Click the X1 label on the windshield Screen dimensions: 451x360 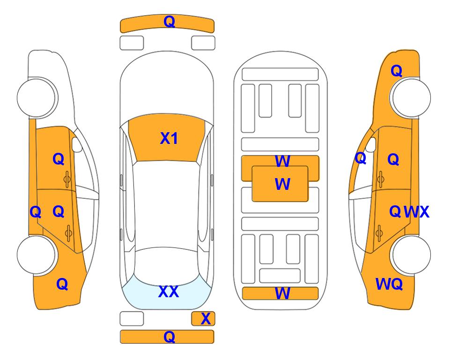pyautogui.click(x=169, y=138)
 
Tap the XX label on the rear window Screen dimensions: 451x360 pyautogui.click(x=169, y=292)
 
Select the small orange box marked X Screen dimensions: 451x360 pyautogui.click(x=203, y=319)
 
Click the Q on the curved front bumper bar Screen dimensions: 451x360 pyautogui.click(x=169, y=22)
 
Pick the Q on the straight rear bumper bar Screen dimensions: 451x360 pyautogui.click(x=169, y=337)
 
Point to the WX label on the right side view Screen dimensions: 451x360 pyautogui.click(x=416, y=212)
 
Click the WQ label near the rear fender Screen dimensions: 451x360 pyautogui.click(x=389, y=284)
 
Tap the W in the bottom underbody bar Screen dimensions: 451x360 pyautogui.click(x=282, y=293)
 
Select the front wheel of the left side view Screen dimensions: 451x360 pyautogui.click(x=37, y=98)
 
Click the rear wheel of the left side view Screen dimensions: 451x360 pyautogui.click(x=37, y=255)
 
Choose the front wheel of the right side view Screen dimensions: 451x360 pyautogui.click(x=410, y=98)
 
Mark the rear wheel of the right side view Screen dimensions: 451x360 pyautogui.click(x=410, y=255)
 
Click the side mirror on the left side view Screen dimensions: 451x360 pyautogui.click(x=77, y=144)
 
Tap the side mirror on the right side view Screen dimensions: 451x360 pyautogui.click(x=371, y=144)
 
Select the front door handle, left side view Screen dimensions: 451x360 pyautogui.click(x=67, y=180)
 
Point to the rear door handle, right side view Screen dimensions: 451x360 pyautogui.click(x=379, y=233)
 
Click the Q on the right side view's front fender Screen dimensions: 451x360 pyautogui.click(x=396, y=71)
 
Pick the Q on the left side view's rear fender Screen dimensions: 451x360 pyautogui.click(x=62, y=284)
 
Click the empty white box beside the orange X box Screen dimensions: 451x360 pyautogui.click(x=132, y=319)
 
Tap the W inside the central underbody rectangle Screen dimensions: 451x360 pyautogui.click(x=282, y=184)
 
